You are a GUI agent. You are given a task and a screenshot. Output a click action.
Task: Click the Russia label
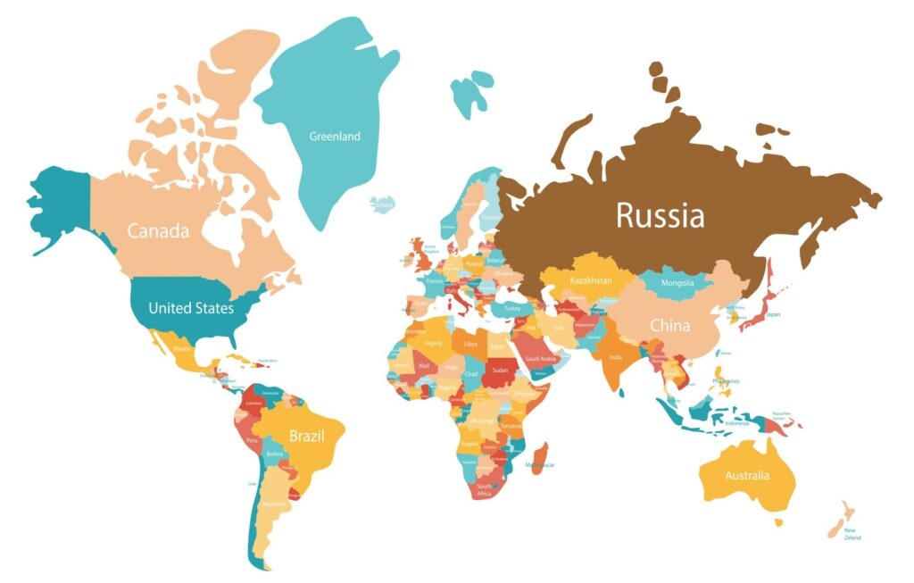click(x=660, y=215)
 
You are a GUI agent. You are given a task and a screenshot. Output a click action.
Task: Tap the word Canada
click(x=158, y=231)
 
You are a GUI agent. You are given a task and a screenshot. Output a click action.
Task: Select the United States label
click(x=191, y=309)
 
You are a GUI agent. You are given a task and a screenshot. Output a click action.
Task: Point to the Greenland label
click(x=335, y=137)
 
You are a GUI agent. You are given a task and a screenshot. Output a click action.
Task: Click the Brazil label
click(x=305, y=437)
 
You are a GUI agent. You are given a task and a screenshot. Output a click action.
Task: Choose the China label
click(x=669, y=326)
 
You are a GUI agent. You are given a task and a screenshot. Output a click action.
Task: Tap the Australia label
click(x=747, y=475)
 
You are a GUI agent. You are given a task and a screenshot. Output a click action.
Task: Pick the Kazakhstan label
click(x=591, y=280)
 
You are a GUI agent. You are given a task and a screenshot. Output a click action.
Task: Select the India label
click(x=616, y=357)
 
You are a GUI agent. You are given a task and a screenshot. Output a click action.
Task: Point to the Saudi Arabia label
click(x=540, y=359)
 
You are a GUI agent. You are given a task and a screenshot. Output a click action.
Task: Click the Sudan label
click(x=499, y=370)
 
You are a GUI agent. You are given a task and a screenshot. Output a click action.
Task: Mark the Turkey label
click(x=511, y=308)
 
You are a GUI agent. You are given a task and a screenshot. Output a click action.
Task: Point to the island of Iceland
click(x=383, y=204)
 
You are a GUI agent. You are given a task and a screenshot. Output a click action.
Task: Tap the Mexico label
click(x=181, y=349)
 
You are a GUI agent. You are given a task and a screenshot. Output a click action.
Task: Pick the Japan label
click(x=773, y=314)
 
